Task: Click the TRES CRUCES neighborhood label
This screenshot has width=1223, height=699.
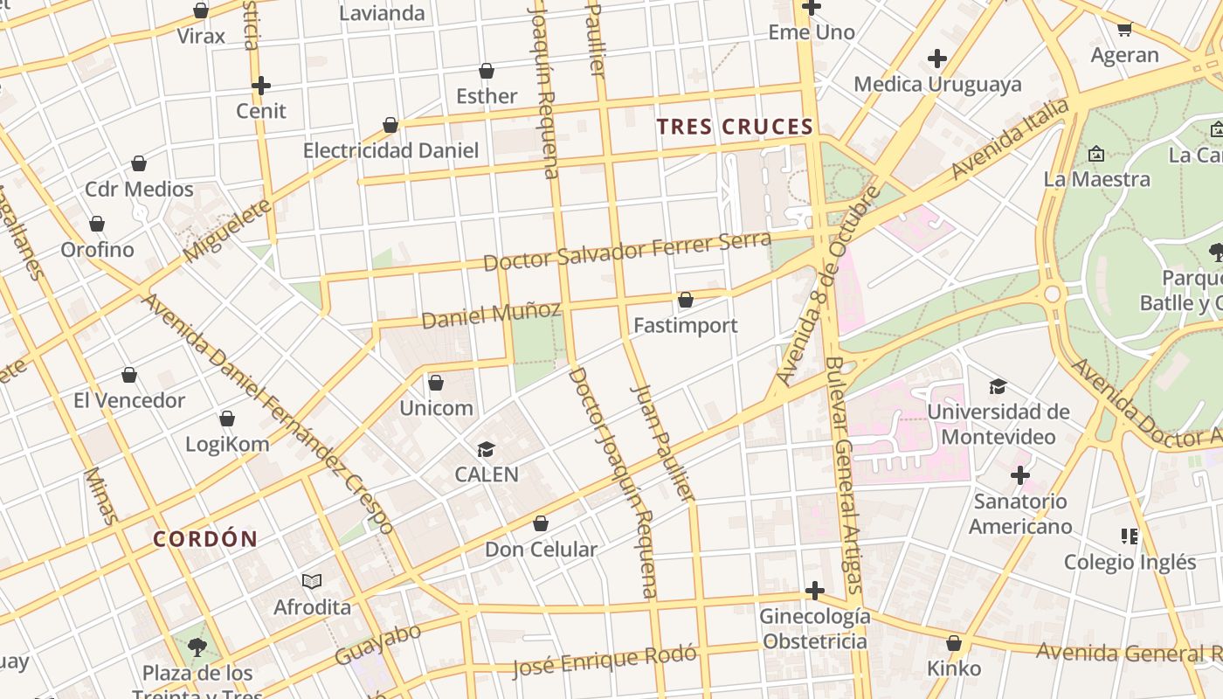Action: point(735,127)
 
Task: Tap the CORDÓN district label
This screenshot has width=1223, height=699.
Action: point(205,538)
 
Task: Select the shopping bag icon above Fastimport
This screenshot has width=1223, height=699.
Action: point(686,301)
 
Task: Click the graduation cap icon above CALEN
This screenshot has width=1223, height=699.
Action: point(486,450)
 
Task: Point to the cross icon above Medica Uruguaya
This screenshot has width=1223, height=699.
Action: point(937,59)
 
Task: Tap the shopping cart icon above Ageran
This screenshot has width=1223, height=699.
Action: point(1124,30)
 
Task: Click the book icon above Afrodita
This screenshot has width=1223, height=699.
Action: point(312,582)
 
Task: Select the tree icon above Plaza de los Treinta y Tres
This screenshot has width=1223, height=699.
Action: point(197,647)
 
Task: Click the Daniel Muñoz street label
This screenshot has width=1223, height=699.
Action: point(491,315)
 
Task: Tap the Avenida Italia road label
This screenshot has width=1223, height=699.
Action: point(1010,140)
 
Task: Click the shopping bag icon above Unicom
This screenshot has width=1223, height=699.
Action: point(436,383)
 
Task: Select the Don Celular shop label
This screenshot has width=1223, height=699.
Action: point(541,550)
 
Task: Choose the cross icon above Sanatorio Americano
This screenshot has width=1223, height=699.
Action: point(1019,476)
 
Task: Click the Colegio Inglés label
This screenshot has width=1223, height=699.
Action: point(1130,562)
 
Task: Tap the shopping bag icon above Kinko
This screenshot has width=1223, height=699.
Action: point(954,644)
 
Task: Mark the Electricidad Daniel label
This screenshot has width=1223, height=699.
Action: point(390,150)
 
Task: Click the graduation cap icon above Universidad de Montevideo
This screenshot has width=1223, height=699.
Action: point(998,387)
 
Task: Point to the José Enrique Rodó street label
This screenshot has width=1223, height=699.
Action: point(605,661)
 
